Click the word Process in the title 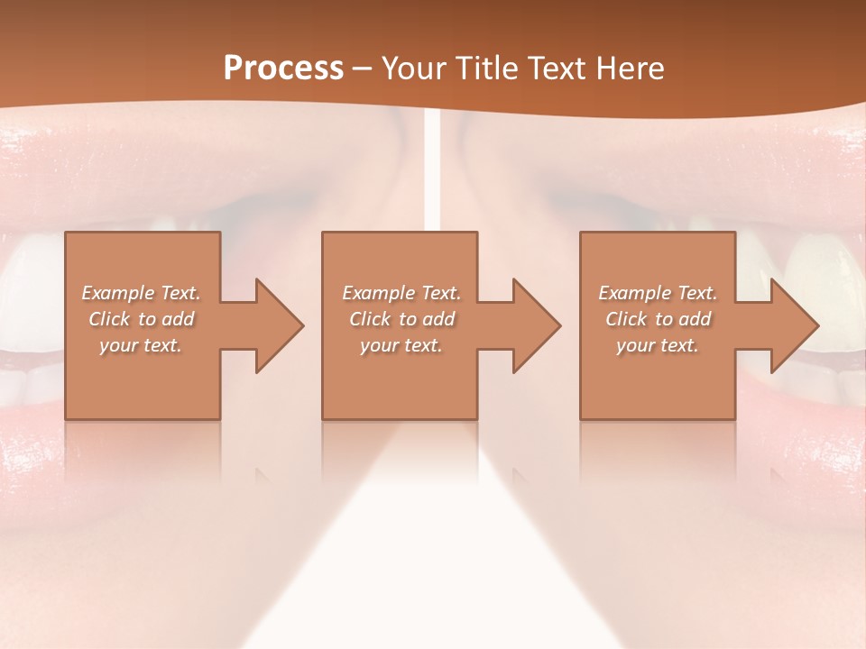point(283,69)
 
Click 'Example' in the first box point(118,293)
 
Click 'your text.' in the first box point(141,345)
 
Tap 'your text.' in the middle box point(401,345)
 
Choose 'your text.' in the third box point(658,345)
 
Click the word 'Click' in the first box point(109,319)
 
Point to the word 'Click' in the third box point(626,319)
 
